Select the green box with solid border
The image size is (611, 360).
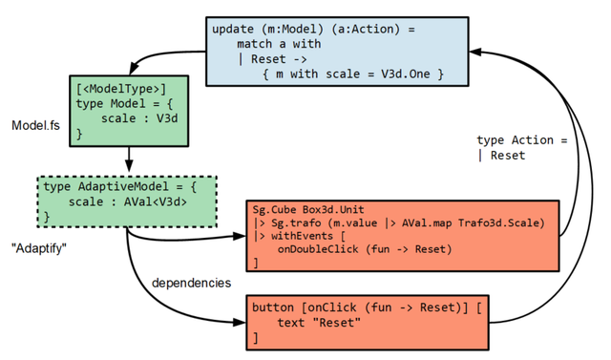click(129, 110)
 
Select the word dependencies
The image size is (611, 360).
click(191, 283)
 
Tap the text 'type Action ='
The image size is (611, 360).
click(522, 140)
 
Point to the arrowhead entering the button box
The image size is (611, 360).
click(239, 323)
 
